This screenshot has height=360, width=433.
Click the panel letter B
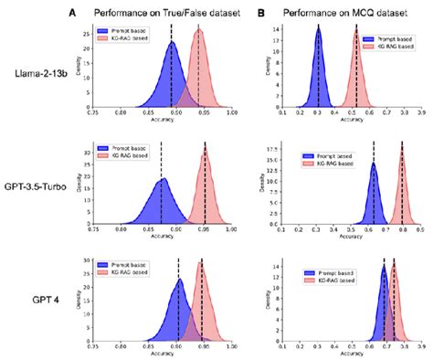[x=262, y=12]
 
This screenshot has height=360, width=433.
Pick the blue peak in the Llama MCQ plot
[x=318, y=29]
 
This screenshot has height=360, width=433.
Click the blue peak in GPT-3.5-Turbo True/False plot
[x=163, y=182]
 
